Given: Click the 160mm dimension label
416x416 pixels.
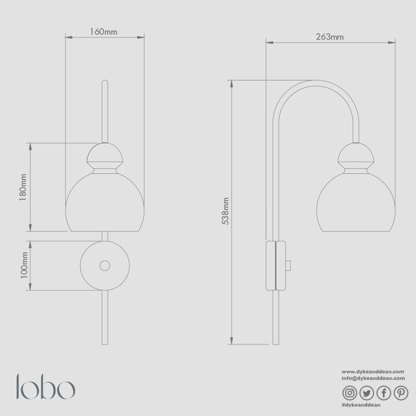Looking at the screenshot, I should [x=104, y=32].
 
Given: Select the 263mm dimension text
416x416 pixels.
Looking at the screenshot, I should [x=330, y=37].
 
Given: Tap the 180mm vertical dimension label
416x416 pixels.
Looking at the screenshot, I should [x=23, y=187].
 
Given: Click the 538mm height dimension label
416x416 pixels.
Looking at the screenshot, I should [x=225, y=211].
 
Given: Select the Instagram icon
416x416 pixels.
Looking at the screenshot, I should [x=350, y=393].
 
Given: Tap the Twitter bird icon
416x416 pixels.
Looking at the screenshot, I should [x=367, y=393].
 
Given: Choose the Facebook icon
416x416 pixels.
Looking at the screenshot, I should [x=384, y=393].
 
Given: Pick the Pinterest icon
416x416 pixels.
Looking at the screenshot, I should [x=401, y=393].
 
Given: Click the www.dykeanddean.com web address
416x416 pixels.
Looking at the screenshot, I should [x=373, y=371].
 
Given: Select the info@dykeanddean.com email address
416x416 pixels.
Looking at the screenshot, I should [x=373, y=378].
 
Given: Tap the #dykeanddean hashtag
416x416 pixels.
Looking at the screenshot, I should [x=361, y=405].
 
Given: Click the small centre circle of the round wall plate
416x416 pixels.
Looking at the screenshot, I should [x=105, y=266].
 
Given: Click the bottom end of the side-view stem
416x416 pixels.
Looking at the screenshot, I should [x=276, y=343].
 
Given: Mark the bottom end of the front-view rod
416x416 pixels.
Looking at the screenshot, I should [x=105, y=343].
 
